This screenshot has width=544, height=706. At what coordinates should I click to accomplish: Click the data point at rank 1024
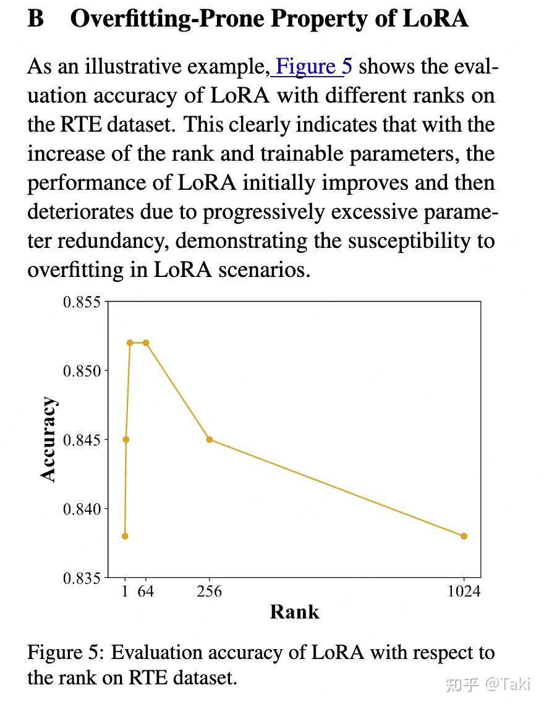click(x=464, y=536)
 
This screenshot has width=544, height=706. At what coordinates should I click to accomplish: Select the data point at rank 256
click(x=210, y=440)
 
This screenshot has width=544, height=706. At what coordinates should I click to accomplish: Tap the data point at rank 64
click(x=146, y=342)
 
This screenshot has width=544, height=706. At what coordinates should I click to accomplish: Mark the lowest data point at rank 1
click(x=125, y=536)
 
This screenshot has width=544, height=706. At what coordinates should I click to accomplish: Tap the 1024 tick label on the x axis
click(x=464, y=592)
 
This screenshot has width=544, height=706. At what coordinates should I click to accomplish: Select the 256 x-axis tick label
click(x=210, y=592)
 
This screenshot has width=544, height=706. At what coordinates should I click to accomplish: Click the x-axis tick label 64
click(x=146, y=592)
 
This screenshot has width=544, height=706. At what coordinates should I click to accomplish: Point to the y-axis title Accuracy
click(x=48, y=439)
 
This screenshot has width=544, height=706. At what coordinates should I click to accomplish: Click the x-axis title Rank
click(x=295, y=612)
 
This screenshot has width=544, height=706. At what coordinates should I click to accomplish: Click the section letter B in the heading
click(x=36, y=19)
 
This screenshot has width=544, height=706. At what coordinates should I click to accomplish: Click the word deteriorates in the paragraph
click(x=81, y=211)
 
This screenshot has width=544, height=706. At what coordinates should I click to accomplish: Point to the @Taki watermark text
click(x=508, y=684)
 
